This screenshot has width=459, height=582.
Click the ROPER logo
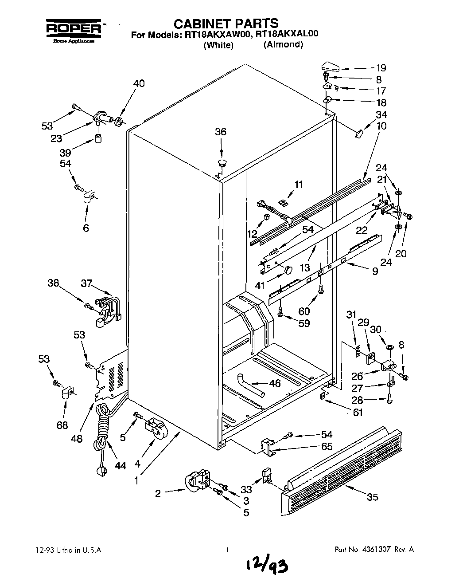point(74,28)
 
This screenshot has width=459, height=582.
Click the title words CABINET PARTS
point(225,23)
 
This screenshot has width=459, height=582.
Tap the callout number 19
point(381,68)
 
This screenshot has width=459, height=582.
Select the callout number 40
point(139,84)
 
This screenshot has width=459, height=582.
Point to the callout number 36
point(220,131)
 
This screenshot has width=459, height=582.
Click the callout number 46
point(275,383)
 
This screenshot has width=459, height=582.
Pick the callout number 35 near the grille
point(373,497)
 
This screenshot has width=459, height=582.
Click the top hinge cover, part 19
point(328,68)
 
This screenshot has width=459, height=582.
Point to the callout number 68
point(62,425)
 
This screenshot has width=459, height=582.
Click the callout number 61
point(358,412)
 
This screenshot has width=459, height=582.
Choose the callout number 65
point(327,446)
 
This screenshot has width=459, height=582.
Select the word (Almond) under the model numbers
point(283,44)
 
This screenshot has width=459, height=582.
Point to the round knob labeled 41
point(288,270)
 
